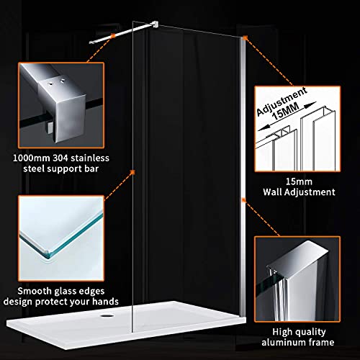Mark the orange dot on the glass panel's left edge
pyautogui.click(x=133, y=171)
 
